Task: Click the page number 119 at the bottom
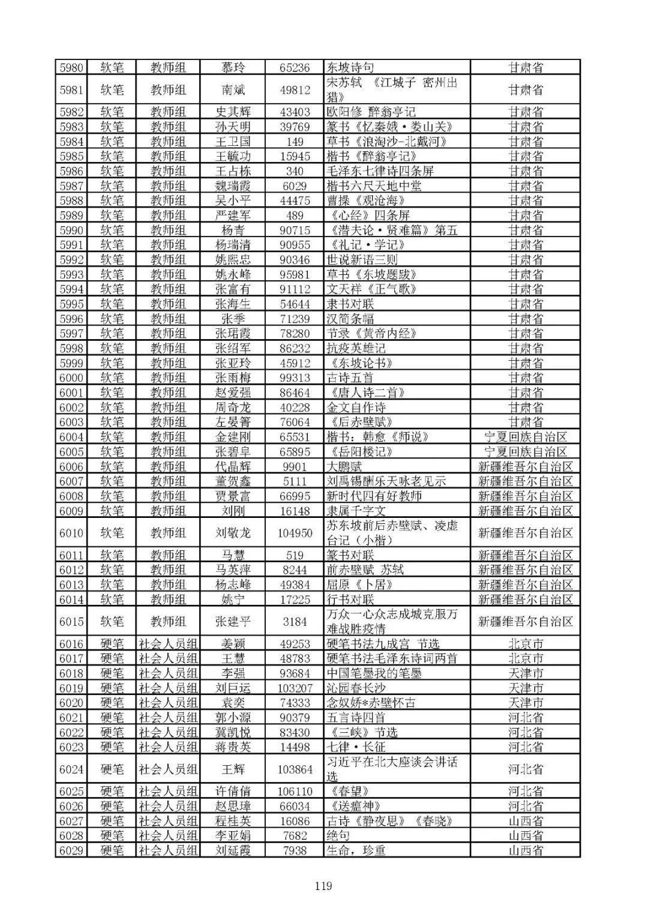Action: pyautogui.click(x=323, y=886)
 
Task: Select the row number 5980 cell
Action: pyautogui.click(x=71, y=67)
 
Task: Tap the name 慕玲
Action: pyautogui.click(x=233, y=67)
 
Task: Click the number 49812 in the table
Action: pyautogui.click(x=295, y=90)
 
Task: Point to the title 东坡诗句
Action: pyautogui.click(x=350, y=67)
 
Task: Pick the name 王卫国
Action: pyautogui.click(x=233, y=142)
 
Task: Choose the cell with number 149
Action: pyautogui.click(x=295, y=142)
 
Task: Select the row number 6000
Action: pyautogui.click(x=71, y=377)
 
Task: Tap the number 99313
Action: pyautogui.click(x=295, y=377)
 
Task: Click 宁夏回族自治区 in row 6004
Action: pyautogui.click(x=525, y=437)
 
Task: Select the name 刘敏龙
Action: pyautogui.click(x=233, y=533)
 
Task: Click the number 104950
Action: pyautogui.click(x=295, y=533)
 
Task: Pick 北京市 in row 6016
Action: pyautogui.click(x=525, y=644)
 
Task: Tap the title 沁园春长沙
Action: pyautogui.click(x=356, y=688)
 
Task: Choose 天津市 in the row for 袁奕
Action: pyautogui.click(x=525, y=703)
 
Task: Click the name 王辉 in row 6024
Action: pyautogui.click(x=233, y=769)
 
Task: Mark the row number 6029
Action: pyautogui.click(x=71, y=850)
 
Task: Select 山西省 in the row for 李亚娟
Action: pyautogui.click(x=525, y=835)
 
